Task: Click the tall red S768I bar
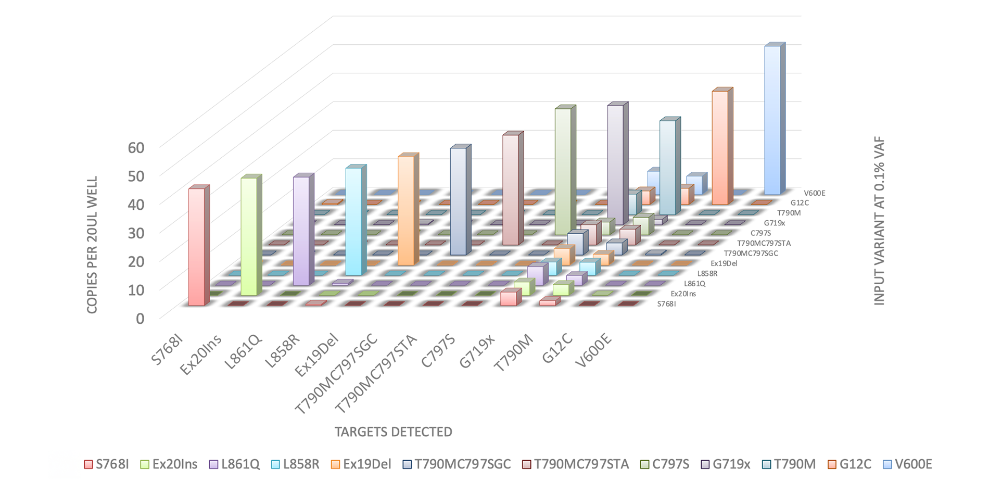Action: point(196,247)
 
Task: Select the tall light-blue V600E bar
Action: point(772,120)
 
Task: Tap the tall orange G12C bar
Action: point(720,147)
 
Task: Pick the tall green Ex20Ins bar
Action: point(249,236)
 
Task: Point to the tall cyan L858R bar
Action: point(353,221)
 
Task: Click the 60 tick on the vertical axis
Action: point(136,148)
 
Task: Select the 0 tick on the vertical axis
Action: point(140,318)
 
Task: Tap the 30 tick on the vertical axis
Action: point(136,233)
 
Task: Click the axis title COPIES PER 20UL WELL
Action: point(92,245)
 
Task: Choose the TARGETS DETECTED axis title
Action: point(393,432)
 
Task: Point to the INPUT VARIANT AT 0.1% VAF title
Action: point(879,221)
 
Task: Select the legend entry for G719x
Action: point(725,464)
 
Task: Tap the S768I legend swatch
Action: point(88,464)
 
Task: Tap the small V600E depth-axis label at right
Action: point(815,193)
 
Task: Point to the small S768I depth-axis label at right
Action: point(667,303)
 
